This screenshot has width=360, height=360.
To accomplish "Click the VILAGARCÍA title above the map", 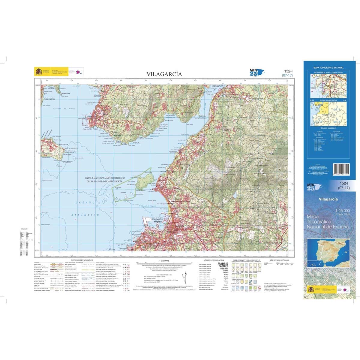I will coord(164,74).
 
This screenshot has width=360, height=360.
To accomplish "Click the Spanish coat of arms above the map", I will coord(38,72).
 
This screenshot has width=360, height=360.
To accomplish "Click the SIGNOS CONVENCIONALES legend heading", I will coord(82,260).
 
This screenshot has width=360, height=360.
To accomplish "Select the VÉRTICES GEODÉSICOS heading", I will coord(279,260).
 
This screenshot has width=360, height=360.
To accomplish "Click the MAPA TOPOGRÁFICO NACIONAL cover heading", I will coord(328,68).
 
